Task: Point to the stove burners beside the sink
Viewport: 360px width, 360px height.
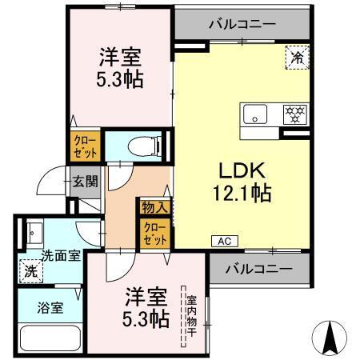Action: click(294, 114)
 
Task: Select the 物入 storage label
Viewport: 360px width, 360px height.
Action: click(154, 207)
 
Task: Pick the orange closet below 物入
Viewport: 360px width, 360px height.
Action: click(154, 234)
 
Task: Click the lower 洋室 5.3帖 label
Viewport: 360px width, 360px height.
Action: click(146, 309)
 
